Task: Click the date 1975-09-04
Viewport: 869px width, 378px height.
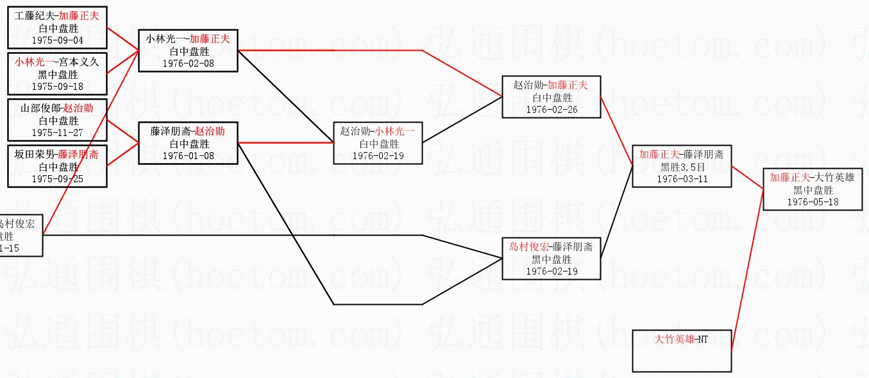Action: click(57, 40)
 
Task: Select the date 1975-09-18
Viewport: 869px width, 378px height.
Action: click(57, 86)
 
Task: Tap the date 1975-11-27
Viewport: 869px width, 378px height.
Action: click(57, 132)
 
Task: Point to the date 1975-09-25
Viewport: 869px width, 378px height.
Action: click(57, 178)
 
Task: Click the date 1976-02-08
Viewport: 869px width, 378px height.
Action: click(189, 63)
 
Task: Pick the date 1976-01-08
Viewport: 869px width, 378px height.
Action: click(189, 155)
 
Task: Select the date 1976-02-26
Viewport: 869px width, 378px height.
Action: click(552, 109)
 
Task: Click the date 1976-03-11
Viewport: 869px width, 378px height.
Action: click(682, 178)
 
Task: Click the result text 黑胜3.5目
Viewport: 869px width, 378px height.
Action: click(682, 167)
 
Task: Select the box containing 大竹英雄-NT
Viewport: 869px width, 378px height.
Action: click(682, 350)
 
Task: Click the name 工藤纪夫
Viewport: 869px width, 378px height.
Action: click(35, 16)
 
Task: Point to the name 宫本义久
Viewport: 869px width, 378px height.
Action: click(80, 62)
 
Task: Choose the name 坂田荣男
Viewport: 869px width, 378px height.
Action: click(35, 155)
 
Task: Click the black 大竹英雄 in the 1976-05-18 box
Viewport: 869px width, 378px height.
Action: click(836, 178)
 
